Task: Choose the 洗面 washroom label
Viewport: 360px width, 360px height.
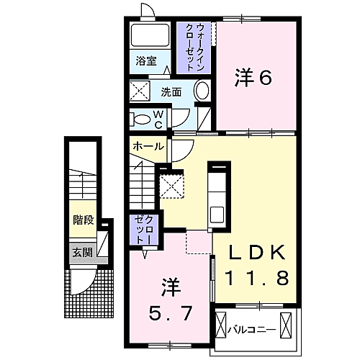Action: tap(171, 92)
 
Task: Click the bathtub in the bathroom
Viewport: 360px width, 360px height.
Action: tap(150, 35)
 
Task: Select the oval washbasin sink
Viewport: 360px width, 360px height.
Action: tap(203, 91)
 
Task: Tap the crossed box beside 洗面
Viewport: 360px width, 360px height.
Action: tap(139, 92)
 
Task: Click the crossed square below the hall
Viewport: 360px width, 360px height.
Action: tap(172, 185)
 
